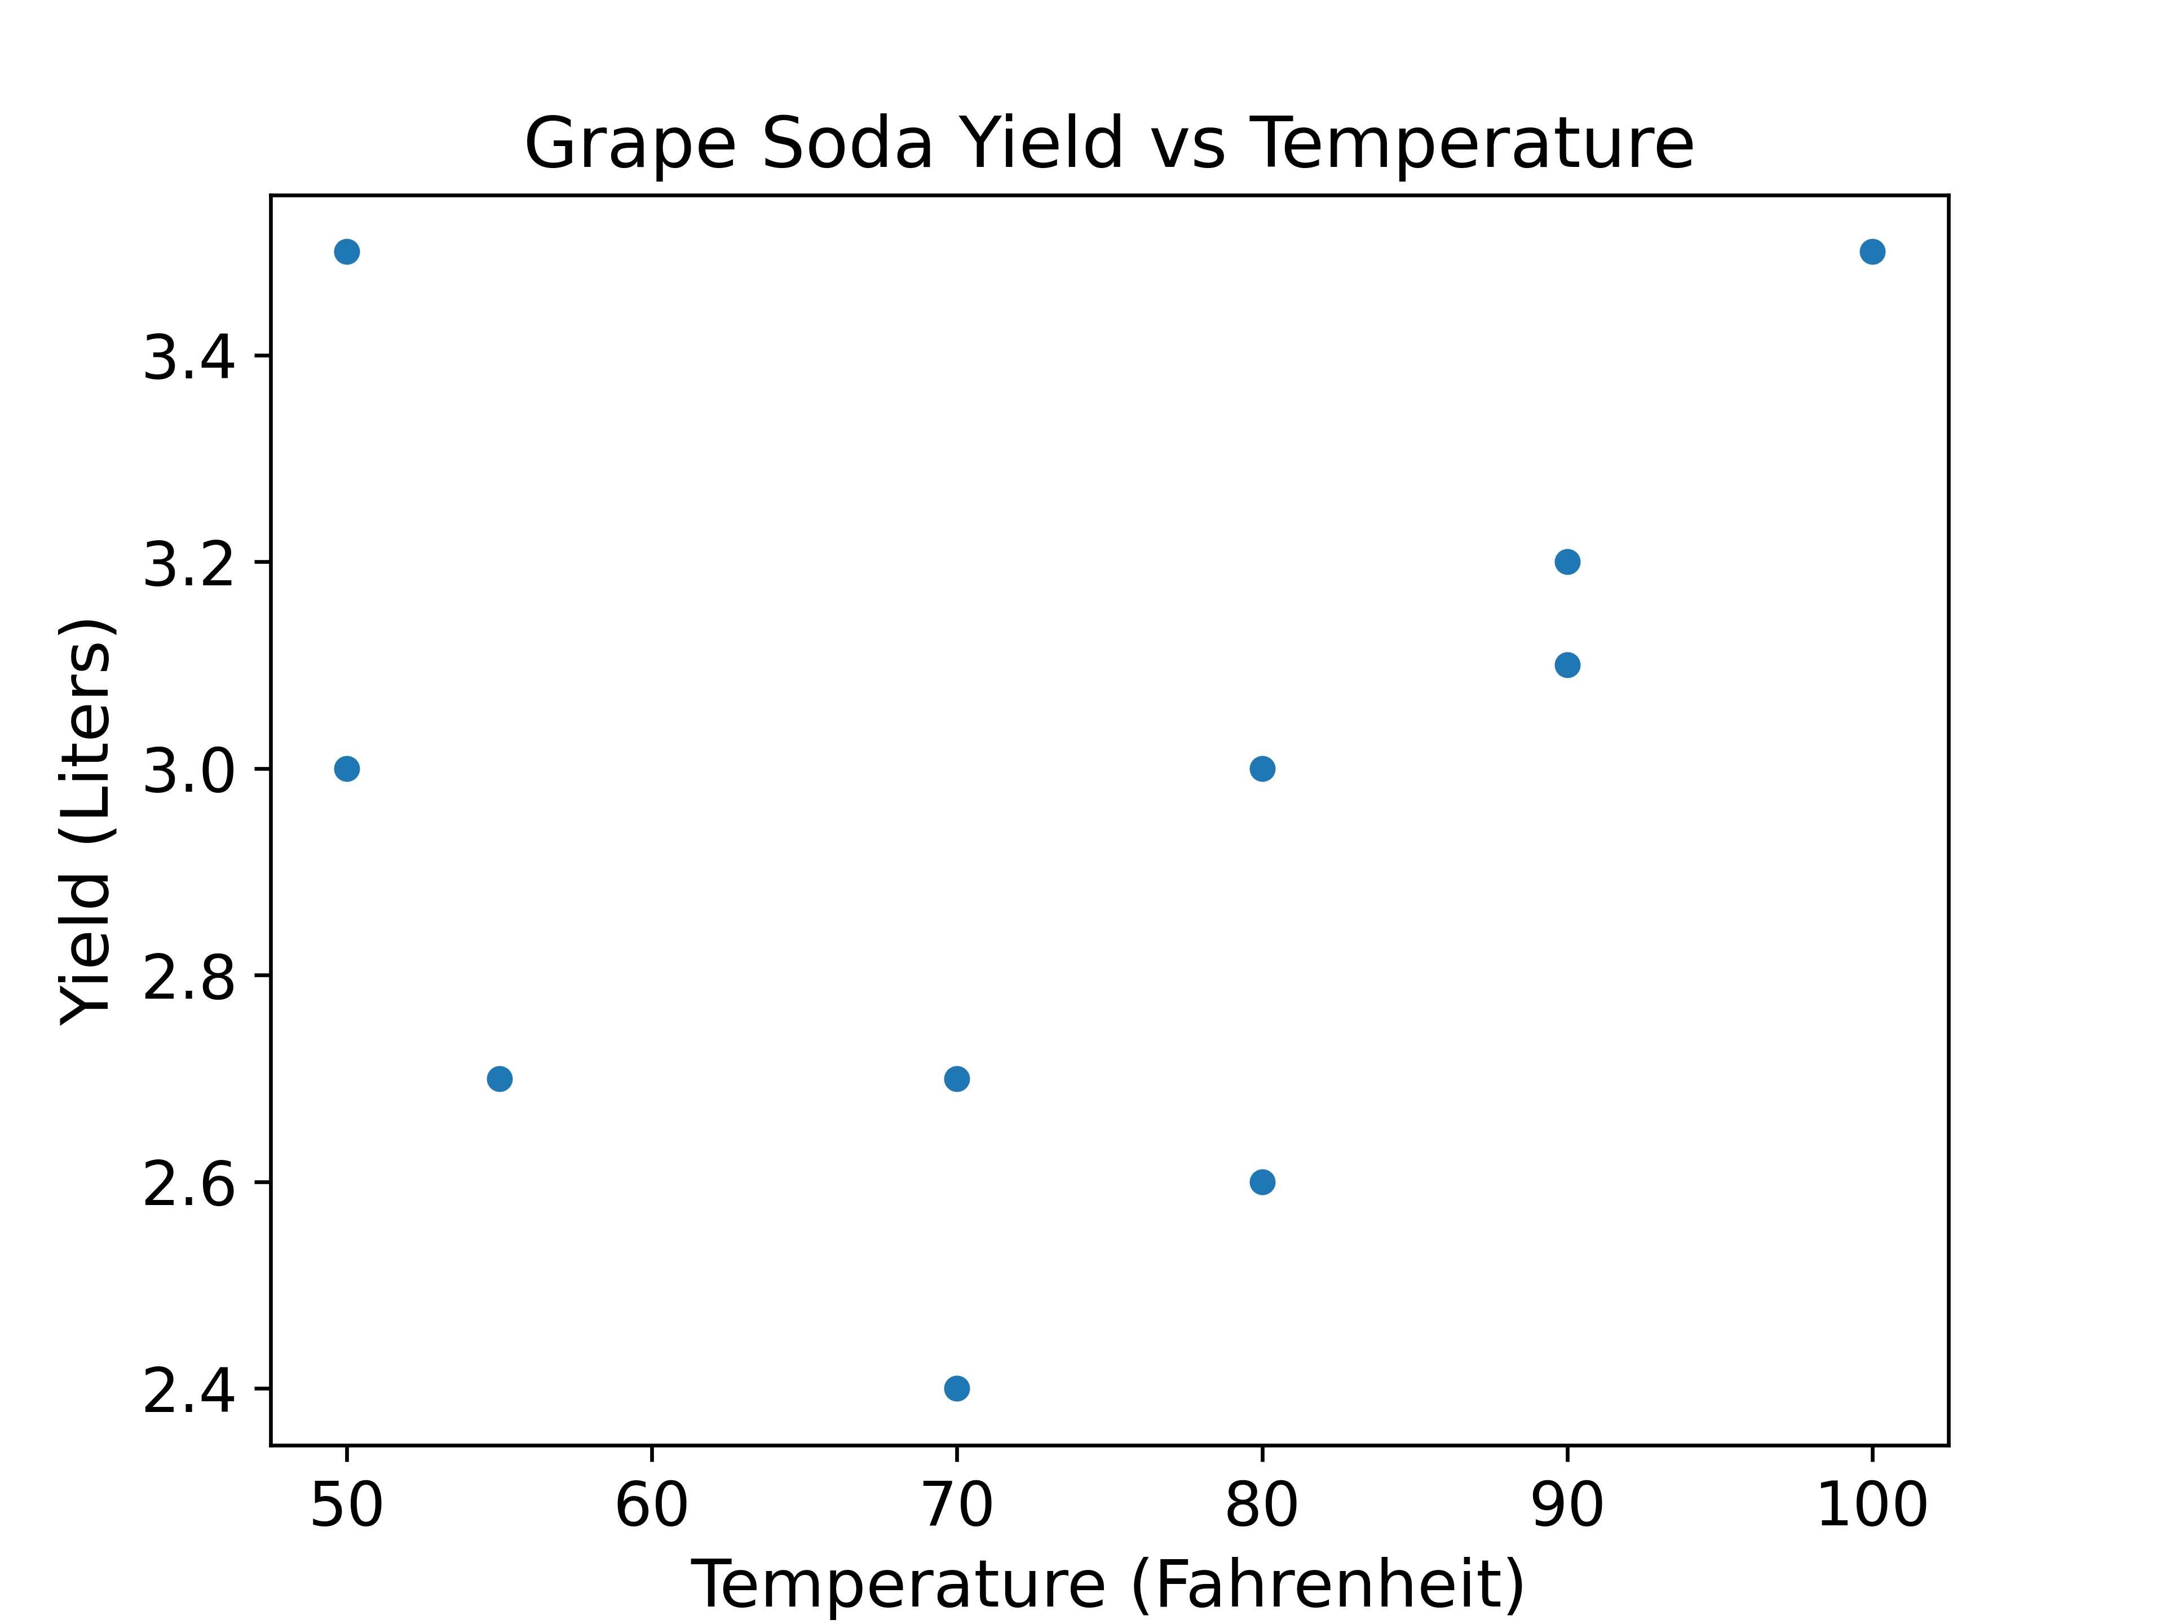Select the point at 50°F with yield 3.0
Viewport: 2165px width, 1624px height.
click(347, 769)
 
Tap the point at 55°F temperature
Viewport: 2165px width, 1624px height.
click(499, 1079)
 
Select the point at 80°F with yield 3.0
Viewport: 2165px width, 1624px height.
click(1262, 769)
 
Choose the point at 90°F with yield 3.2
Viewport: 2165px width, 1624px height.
click(1567, 562)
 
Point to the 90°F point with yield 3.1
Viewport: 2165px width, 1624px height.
click(1567, 665)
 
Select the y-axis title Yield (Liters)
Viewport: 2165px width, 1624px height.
click(86, 822)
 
